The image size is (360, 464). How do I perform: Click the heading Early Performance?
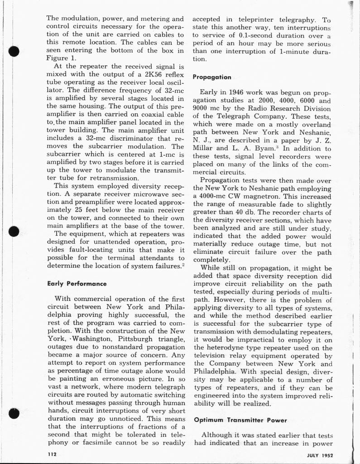pos(77,284)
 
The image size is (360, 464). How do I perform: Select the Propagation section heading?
pos(212,77)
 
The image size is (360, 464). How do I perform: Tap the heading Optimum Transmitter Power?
pos(240,420)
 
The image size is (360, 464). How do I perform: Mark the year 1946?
pos(235,92)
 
